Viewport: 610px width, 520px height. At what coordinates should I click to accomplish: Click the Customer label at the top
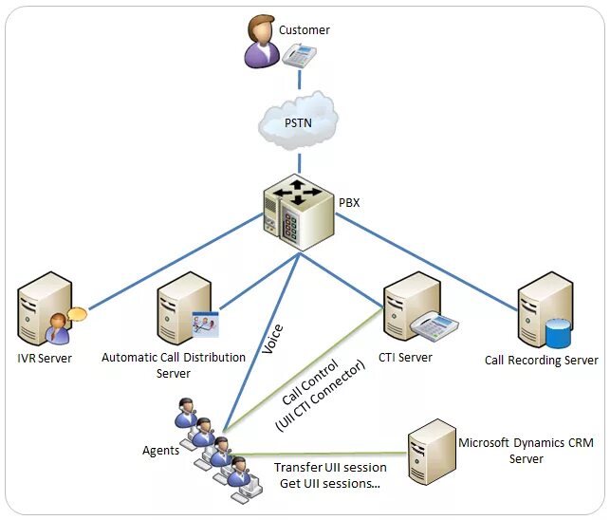pos(305,30)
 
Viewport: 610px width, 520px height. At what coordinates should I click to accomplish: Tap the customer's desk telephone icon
pos(299,56)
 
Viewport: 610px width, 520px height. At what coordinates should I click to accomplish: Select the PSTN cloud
pos(299,121)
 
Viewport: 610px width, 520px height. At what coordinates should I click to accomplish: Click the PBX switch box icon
pos(299,213)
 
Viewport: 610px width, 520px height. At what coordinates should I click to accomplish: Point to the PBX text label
pos(349,203)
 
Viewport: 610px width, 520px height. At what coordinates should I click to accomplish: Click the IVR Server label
pos(45,358)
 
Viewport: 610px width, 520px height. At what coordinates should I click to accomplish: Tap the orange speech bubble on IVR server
pos(77,314)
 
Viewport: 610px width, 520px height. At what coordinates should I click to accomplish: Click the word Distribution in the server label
pos(214,358)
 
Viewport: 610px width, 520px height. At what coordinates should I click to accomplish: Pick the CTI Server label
pos(405,358)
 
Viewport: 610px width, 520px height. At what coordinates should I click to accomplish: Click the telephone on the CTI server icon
pos(434,326)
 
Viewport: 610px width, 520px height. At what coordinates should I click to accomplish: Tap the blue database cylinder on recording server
pos(558,334)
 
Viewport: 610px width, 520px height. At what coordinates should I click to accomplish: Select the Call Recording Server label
pos(542,361)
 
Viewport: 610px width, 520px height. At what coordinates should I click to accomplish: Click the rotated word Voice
pos(272,339)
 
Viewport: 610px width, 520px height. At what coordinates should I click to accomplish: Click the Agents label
pos(160,451)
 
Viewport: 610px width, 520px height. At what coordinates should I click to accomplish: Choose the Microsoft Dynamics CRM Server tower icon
pos(433,452)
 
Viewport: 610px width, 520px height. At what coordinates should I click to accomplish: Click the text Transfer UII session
pos(330,467)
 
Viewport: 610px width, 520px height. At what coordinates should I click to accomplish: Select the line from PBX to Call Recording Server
pos(426,262)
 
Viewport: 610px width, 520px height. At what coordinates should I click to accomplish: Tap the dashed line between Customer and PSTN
pos(299,80)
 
